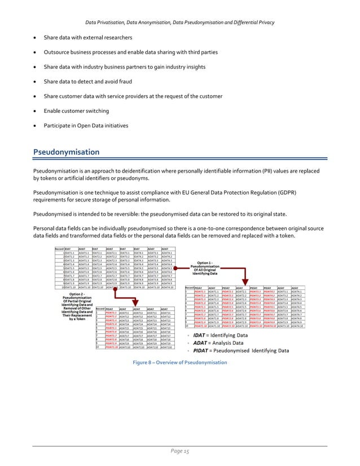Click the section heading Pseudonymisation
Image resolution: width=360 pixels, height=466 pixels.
(67, 152)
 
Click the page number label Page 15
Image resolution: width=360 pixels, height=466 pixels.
(180, 452)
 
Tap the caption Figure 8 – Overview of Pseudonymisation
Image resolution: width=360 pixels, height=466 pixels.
(179, 362)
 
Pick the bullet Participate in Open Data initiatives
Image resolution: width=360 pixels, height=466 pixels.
(93, 125)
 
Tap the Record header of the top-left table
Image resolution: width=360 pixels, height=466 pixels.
(59, 248)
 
